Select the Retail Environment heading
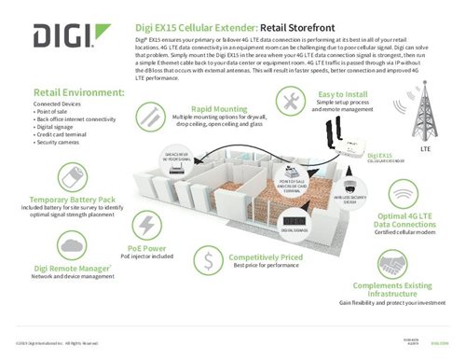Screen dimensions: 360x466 (x=78, y=93)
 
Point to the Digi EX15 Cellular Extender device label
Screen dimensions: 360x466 (x=381, y=158)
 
